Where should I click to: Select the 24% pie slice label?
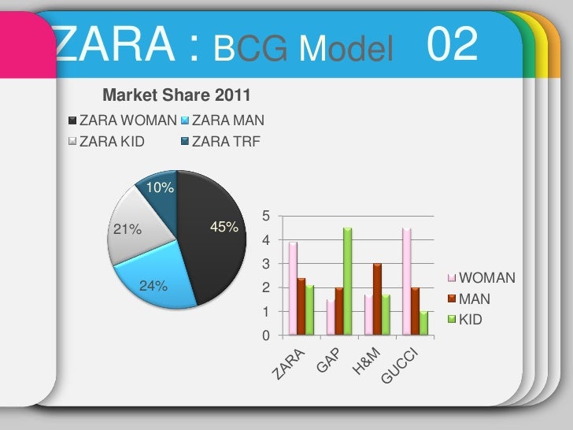pyautogui.click(x=153, y=286)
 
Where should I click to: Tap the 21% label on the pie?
pyautogui.click(x=127, y=231)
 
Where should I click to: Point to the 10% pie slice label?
pyautogui.click(x=160, y=188)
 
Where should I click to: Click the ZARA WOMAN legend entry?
pyautogui.click(x=123, y=121)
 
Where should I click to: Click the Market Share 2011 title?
pyautogui.click(x=176, y=96)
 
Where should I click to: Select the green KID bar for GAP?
pyautogui.click(x=347, y=281)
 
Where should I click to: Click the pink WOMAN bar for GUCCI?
pyautogui.click(x=406, y=281)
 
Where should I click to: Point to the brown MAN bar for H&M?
pyautogui.click(x=377, y=299)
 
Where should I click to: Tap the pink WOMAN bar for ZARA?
pyautogui.click(x=293, y=288)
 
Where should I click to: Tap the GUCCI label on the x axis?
pyautogui.click(x=406, y=366)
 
